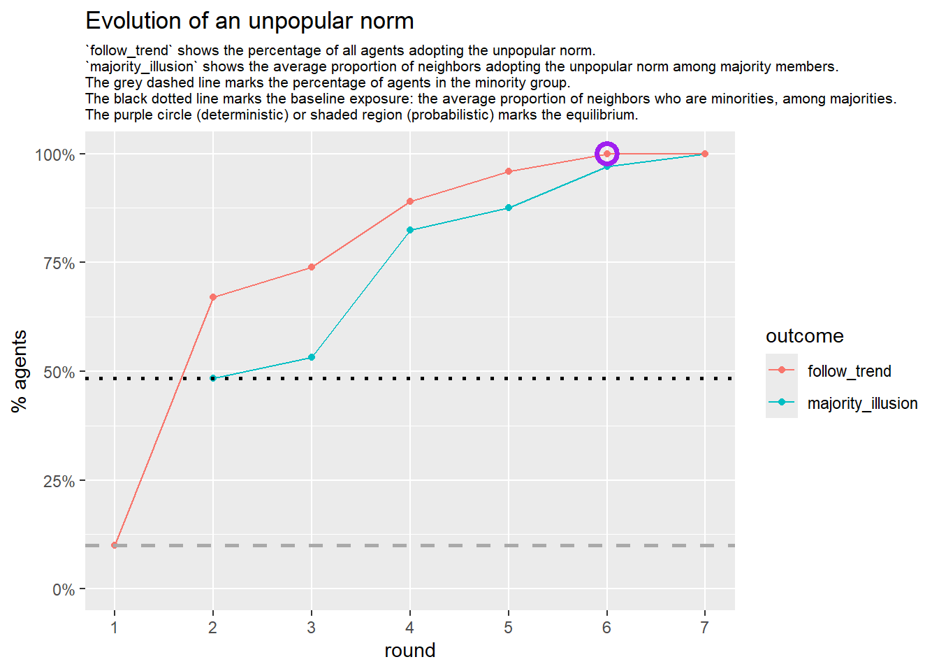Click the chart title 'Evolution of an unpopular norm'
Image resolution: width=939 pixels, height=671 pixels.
[249, 21]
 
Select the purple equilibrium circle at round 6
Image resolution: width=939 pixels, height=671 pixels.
[606, 154]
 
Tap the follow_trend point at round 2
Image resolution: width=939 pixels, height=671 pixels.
[213, 298]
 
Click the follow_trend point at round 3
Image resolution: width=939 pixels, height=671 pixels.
[312, 267]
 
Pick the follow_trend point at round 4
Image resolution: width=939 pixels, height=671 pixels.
[410, 202]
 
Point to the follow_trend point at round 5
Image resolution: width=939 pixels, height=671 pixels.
[509, 171]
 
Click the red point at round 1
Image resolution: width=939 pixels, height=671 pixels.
[115, 545]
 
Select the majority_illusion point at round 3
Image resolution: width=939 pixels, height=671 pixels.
[312, 358]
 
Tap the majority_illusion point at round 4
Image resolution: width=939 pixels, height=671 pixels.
[410, 230]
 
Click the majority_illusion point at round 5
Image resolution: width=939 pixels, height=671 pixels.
[509, 208]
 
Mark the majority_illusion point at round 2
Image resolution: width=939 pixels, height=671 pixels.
[213, 379]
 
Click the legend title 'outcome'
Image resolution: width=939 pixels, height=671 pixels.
[804, 336]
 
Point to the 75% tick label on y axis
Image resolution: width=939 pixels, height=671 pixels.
[59, 264]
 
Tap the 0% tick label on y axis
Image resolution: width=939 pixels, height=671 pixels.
[64, 590]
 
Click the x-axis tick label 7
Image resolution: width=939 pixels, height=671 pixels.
[704, 628]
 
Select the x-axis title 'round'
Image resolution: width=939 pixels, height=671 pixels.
[409, 651]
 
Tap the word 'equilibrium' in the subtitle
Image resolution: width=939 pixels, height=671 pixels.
[600, 115]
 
